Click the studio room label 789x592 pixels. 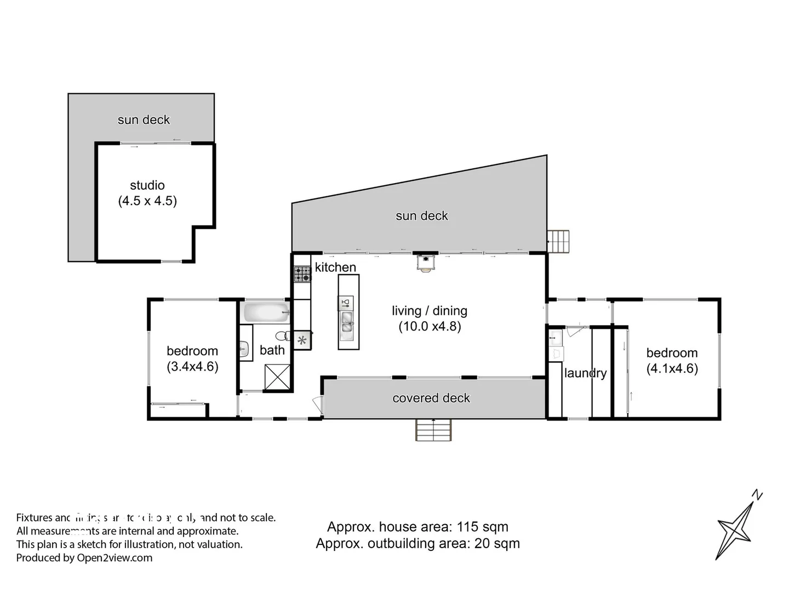point(147,185)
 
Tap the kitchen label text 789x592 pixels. point(335,267)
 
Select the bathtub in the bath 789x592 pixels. point(266,312)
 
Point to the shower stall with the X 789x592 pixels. point(277,377)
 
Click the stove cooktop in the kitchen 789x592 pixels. point(302,274)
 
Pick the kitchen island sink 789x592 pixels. point(346,322)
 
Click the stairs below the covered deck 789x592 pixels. point(433,430)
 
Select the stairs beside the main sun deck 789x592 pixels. point(559,241)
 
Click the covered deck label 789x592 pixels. point(431,398)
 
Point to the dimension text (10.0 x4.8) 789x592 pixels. point(430,327)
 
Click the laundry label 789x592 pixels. point(585,373)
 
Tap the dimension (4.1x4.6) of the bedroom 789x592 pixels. point(672,368)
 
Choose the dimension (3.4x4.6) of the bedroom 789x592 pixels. point(192,366)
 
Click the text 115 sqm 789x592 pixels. point(483,527)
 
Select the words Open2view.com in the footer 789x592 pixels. point(115,558)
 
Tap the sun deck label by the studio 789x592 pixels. point(144,119)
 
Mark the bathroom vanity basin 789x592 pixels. point(244,348)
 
